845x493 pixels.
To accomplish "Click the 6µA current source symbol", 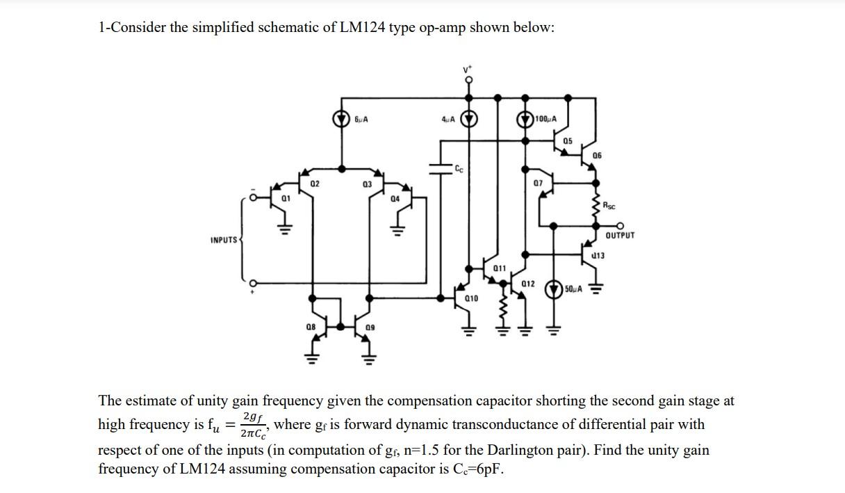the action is tap(342, 119).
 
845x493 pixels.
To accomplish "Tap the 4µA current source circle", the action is tap(470, 119).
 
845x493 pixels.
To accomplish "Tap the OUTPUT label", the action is tap(619, 236).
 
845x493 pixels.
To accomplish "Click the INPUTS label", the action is tap(224, 241).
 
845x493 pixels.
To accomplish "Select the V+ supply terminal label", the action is tap(468, 70).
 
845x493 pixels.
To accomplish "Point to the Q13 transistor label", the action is tap(598, 256).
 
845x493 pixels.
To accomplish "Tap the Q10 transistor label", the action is tap(471, 298).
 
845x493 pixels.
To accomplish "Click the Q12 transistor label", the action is tap(527, 284).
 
